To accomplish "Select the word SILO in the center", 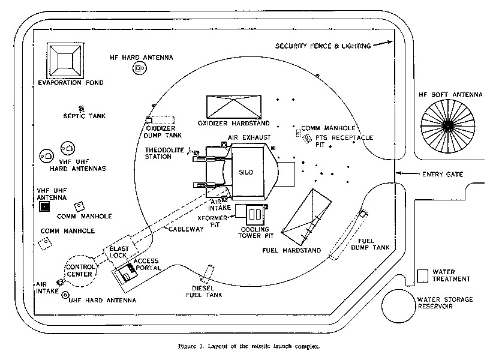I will click(247, 172).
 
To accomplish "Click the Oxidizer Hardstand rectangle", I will click(234, 107).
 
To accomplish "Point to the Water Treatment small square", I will click(423, 275).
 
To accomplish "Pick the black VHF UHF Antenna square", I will click(44, 207).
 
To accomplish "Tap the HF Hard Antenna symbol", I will click(139, 70).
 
